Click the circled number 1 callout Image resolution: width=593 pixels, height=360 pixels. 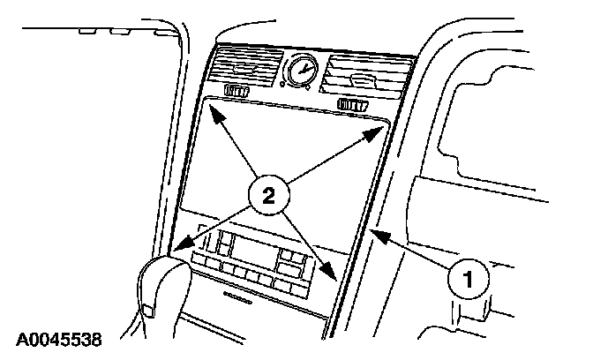[x=468, y=281]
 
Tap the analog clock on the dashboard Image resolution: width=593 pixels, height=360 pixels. [x=301, y=70]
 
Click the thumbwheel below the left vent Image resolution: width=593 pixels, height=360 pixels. [x=238, y=92]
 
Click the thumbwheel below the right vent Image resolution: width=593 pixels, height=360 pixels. [x=352, y=106]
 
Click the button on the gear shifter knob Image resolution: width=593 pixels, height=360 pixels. [x=147, y=310]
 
